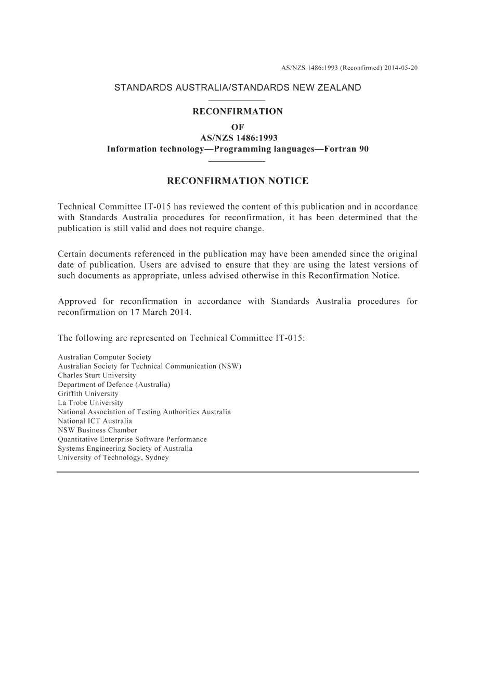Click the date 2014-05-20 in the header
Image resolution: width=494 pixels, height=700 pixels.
click(401, 68)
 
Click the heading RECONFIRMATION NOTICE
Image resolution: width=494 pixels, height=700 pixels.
click(238, 181)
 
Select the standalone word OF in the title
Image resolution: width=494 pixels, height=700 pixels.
click(238, 127)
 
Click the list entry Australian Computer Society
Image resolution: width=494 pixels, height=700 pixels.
click(105, 357)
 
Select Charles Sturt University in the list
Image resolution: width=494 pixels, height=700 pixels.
click(97, 375)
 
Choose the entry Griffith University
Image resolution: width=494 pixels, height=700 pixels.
click(88, 393)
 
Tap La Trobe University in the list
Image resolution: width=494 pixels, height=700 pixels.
click(90, 403)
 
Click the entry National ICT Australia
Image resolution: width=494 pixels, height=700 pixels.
click(95, 421)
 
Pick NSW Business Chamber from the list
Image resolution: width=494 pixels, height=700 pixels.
click(97, 430)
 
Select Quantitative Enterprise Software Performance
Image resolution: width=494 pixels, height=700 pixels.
click(132, 439)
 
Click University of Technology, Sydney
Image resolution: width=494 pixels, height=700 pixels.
click(113, 457)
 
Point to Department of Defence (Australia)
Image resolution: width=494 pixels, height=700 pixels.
click(114, 385)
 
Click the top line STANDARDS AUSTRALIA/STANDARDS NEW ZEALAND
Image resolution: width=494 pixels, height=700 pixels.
click(238, 87)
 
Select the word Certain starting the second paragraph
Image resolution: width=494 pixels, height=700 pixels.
click(72, 254)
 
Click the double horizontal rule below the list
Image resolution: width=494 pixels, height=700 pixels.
click(238, 472)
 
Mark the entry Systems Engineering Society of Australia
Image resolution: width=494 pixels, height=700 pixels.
click(125, 448)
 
